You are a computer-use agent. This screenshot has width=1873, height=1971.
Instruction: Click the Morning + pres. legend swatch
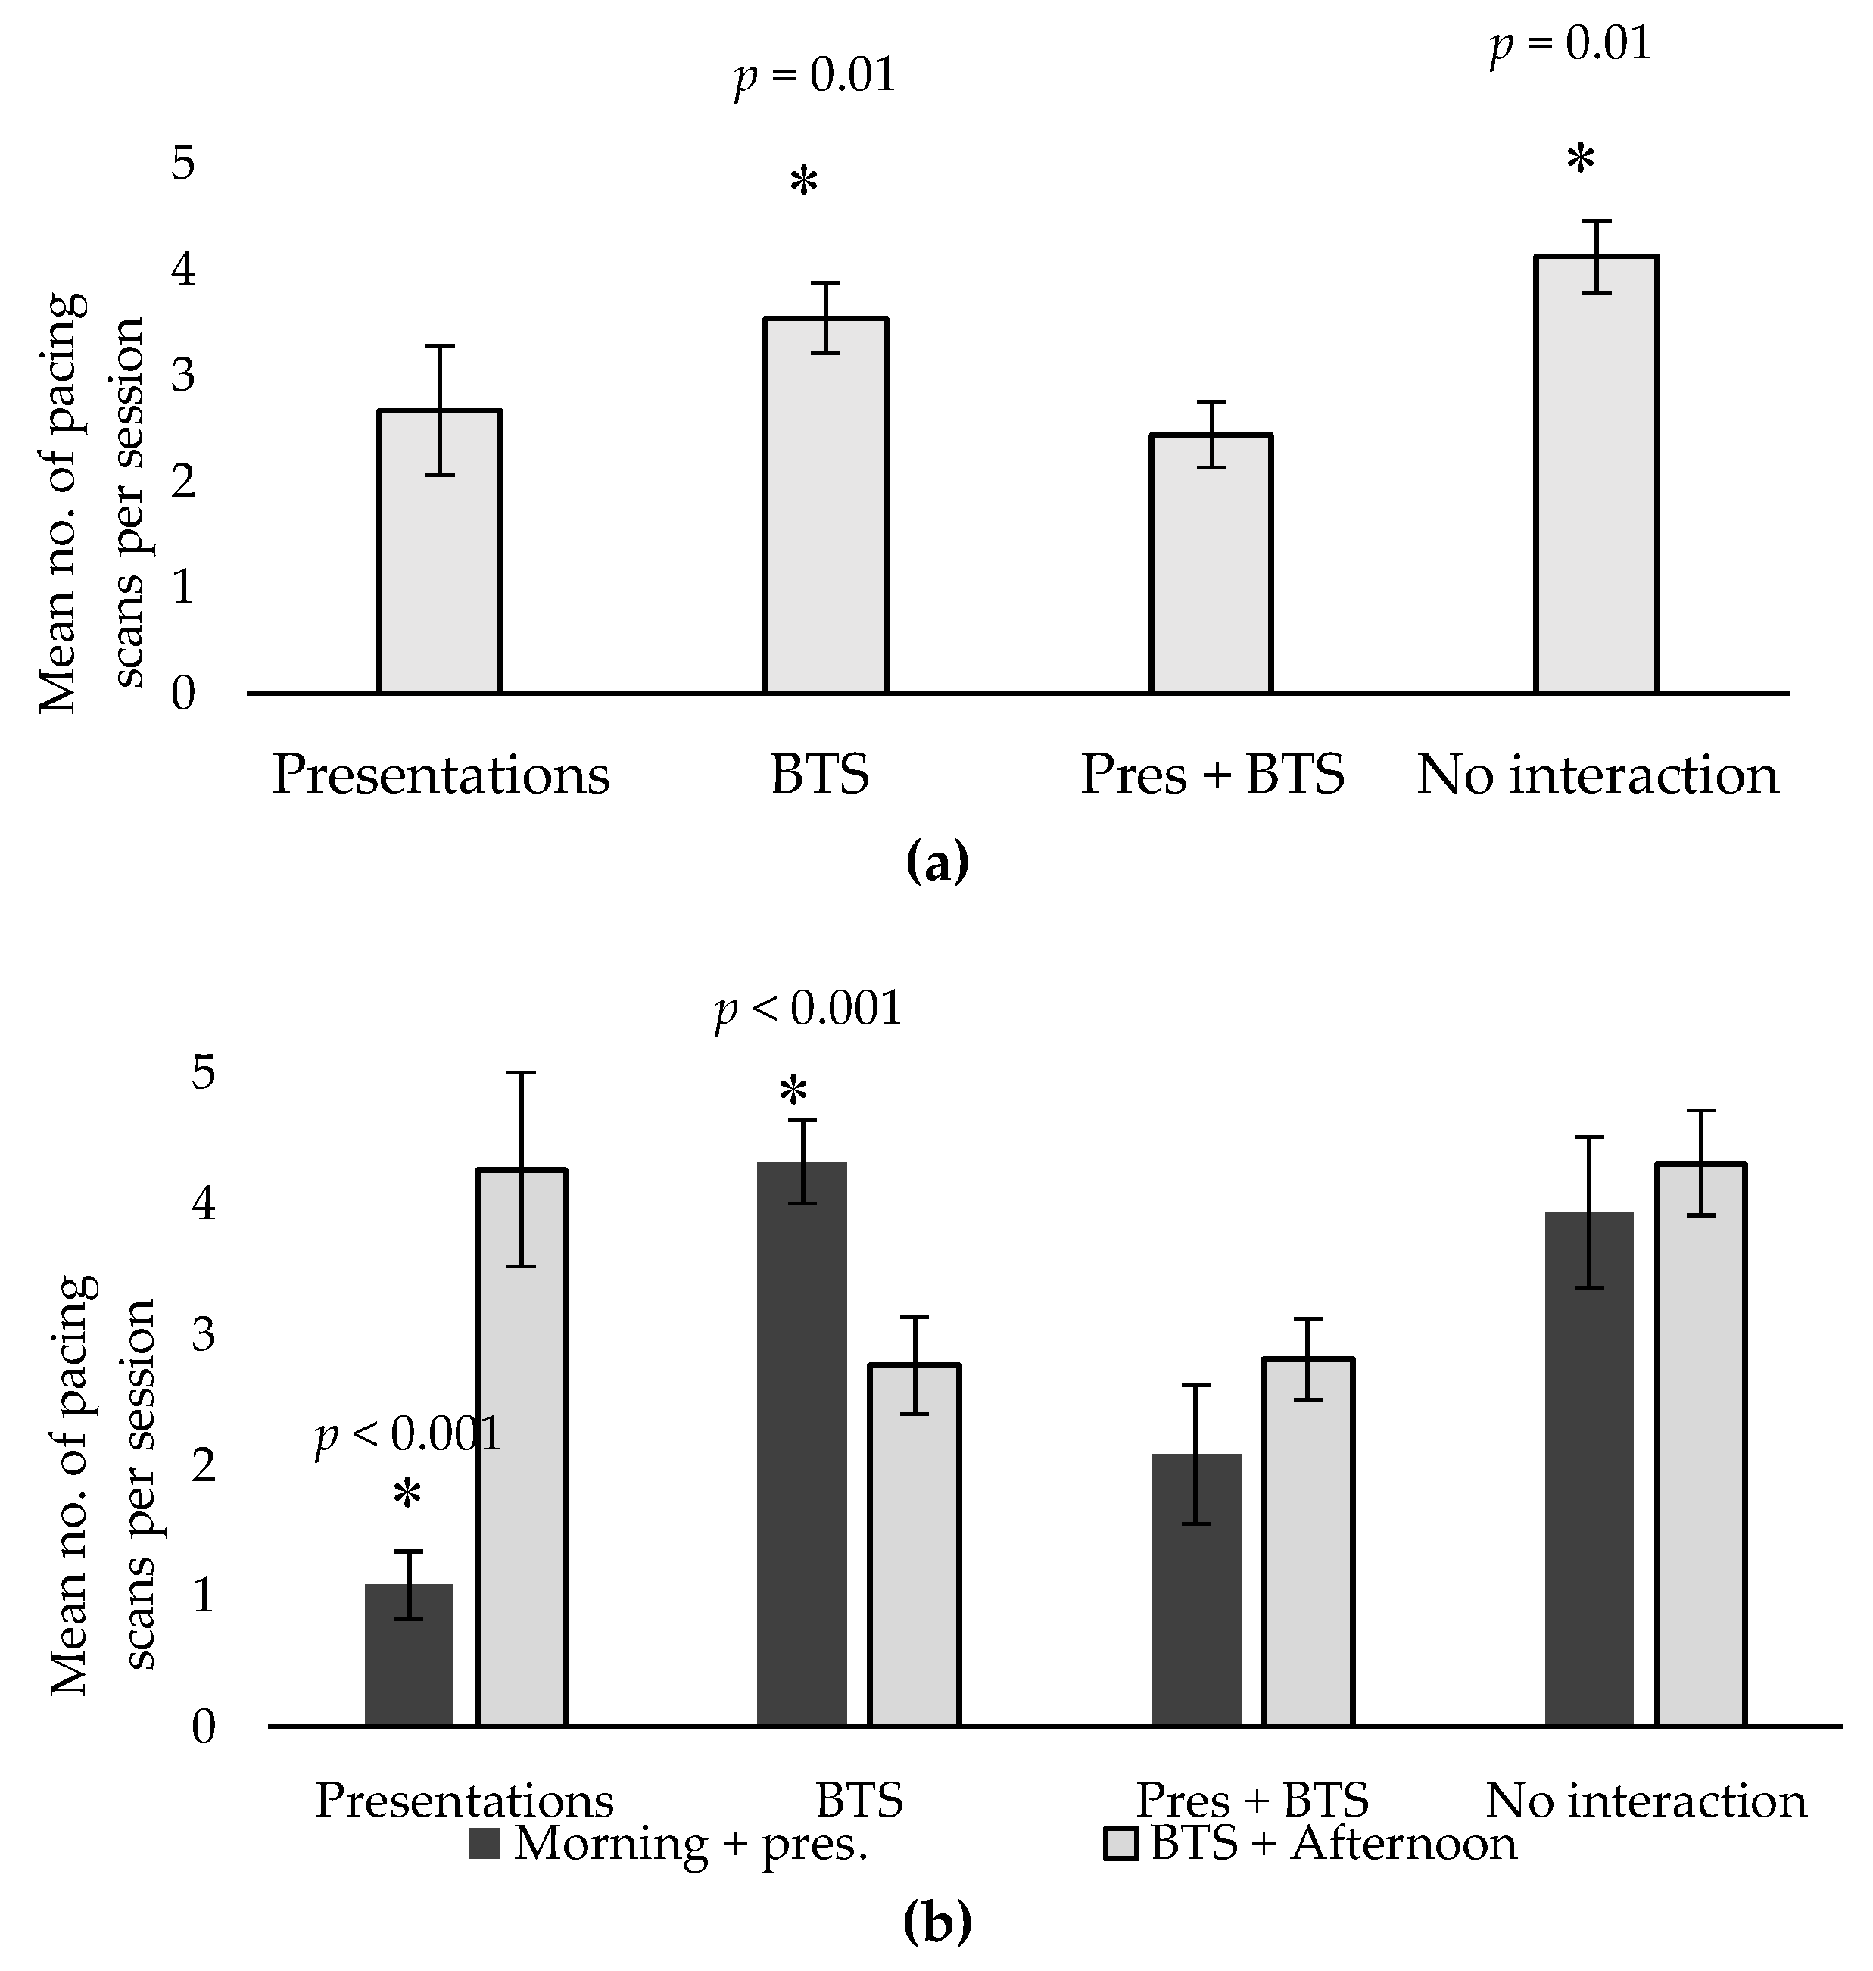pyautogui.click(x=485, y=1845)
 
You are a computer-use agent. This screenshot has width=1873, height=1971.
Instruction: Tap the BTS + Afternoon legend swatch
pyautogui.click(x=1120, y=1845)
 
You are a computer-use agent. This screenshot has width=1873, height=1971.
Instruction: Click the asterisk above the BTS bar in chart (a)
pyautogui.click(x=804, y=182)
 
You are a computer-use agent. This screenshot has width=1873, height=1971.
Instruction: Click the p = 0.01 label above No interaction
pyautogui.click(x=1570, y=44)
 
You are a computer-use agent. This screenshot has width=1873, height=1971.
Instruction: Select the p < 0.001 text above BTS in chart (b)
pyautogui.click(x=809, y=1009)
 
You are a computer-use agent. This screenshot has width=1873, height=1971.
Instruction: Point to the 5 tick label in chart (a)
pyautogui.click(x=182, y=163)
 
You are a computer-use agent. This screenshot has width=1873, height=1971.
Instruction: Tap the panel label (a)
pyautogui.click(x=936, y=862)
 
